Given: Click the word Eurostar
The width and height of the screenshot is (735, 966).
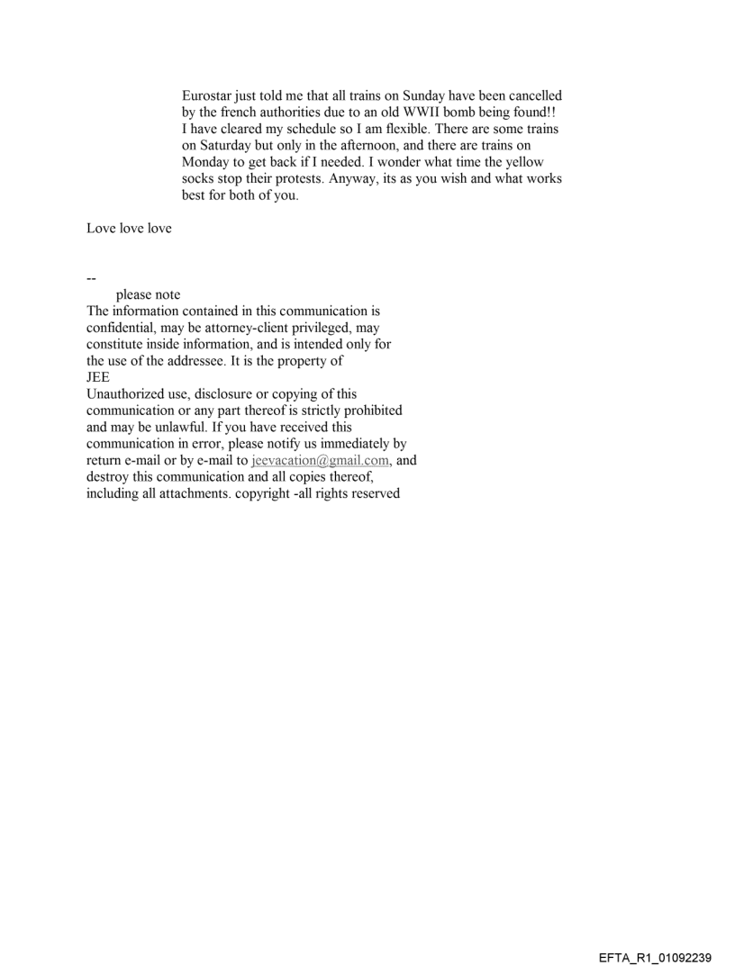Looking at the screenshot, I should (209, 95).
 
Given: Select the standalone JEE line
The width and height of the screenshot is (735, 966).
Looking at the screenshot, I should (97, 379).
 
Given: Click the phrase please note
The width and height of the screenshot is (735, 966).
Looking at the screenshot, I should (148, 295).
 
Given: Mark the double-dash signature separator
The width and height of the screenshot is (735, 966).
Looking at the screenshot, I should (92, 278).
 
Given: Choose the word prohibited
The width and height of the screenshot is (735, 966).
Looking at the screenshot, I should (370, 411).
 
